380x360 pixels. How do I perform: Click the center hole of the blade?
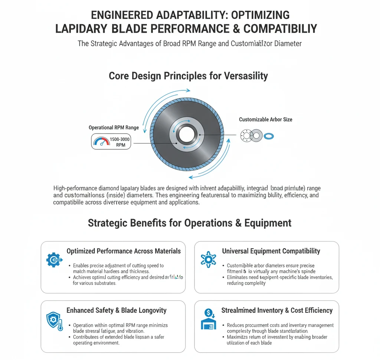[x=186, y=134]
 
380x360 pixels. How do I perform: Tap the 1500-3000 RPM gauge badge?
[x=111, y=142]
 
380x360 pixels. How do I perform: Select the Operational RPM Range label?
[x=114, y=128]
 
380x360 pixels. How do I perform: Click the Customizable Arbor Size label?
[x=265, y=120]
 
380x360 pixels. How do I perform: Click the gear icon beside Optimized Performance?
[x=54, y=259]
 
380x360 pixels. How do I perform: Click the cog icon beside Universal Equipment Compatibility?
[x=208, y=259]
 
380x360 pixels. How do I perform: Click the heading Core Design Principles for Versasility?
[x=188, y=76]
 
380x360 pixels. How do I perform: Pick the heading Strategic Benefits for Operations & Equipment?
[x=190, y=223]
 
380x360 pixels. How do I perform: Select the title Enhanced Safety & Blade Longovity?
[x=117, y=310]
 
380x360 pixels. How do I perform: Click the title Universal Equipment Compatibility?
[x=271, y=251]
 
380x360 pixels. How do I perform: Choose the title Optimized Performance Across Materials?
[x=124, y=251]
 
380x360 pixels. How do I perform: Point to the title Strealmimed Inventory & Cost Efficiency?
[x=277, y=310]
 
